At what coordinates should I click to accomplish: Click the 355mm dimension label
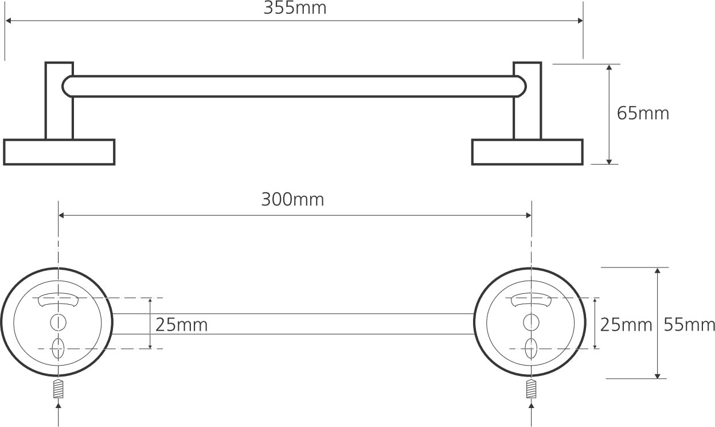pos(295,8)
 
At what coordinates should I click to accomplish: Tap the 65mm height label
pos(643,114)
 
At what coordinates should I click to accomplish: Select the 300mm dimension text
pos(292,199)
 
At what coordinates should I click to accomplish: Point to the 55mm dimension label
pos(689,325)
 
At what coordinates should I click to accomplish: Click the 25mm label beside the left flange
pos(181,325)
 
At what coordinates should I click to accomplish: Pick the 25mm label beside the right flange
pos(626,325)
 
